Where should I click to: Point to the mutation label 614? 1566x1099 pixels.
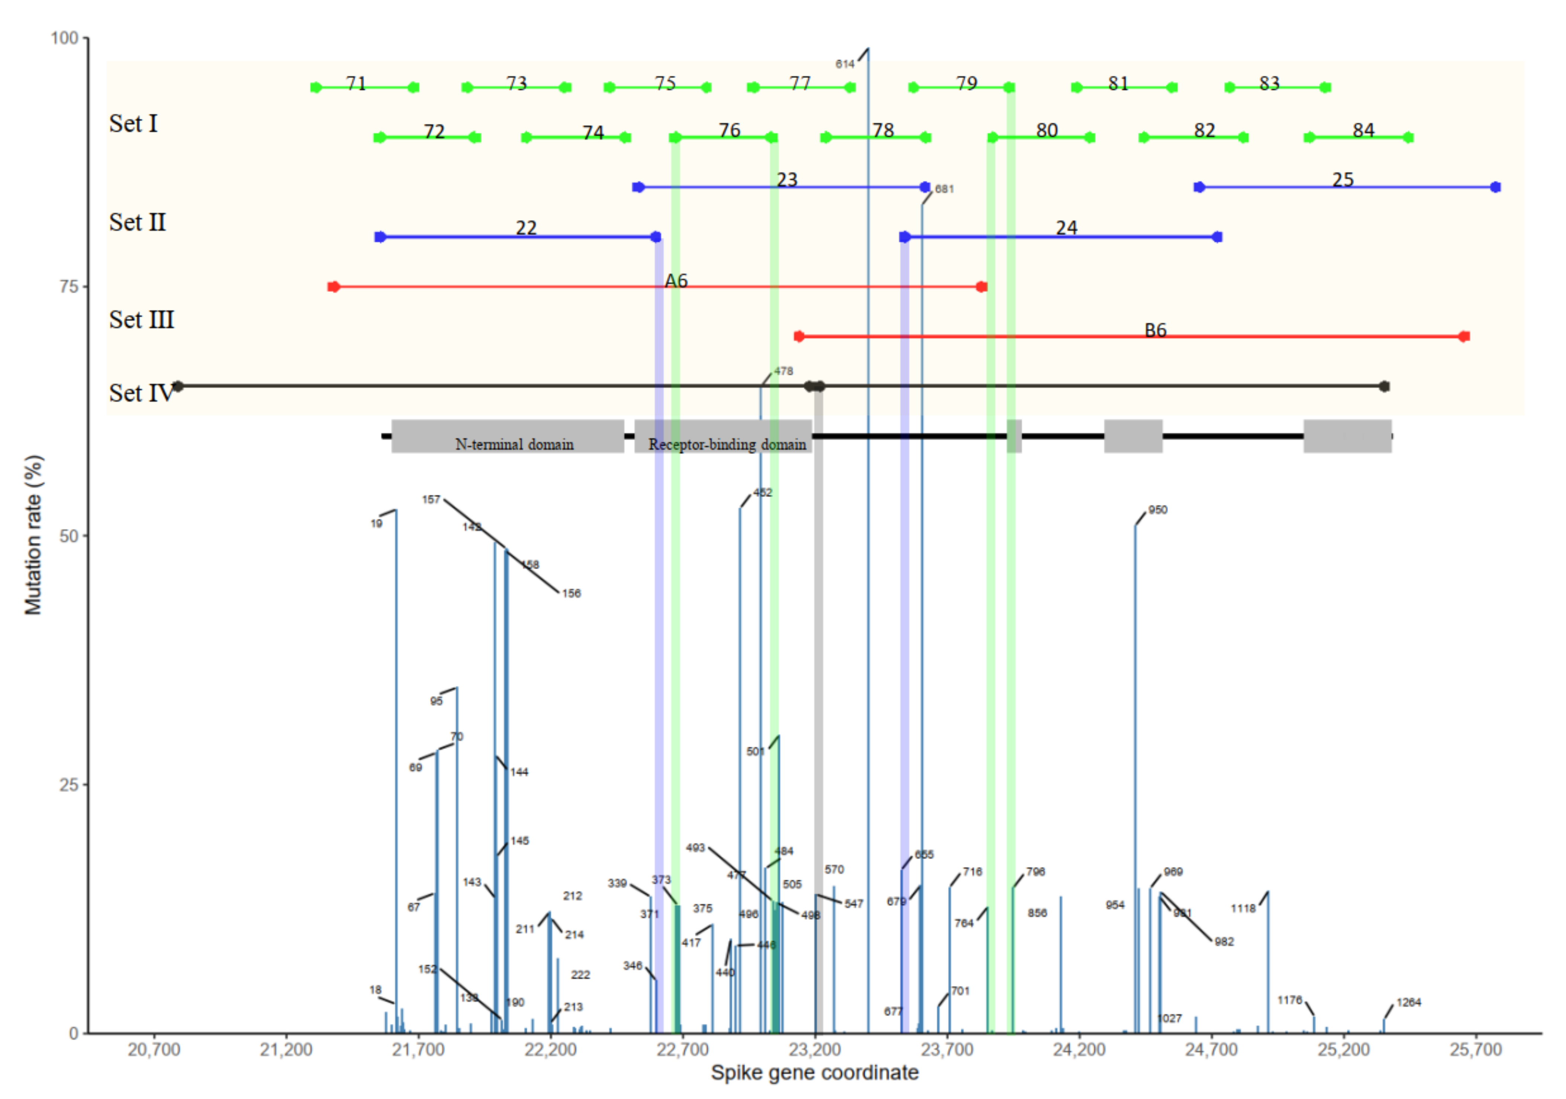coord(844,64)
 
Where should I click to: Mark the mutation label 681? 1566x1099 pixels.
coord(944,189)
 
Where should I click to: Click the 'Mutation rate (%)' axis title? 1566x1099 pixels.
coord(33,535)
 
